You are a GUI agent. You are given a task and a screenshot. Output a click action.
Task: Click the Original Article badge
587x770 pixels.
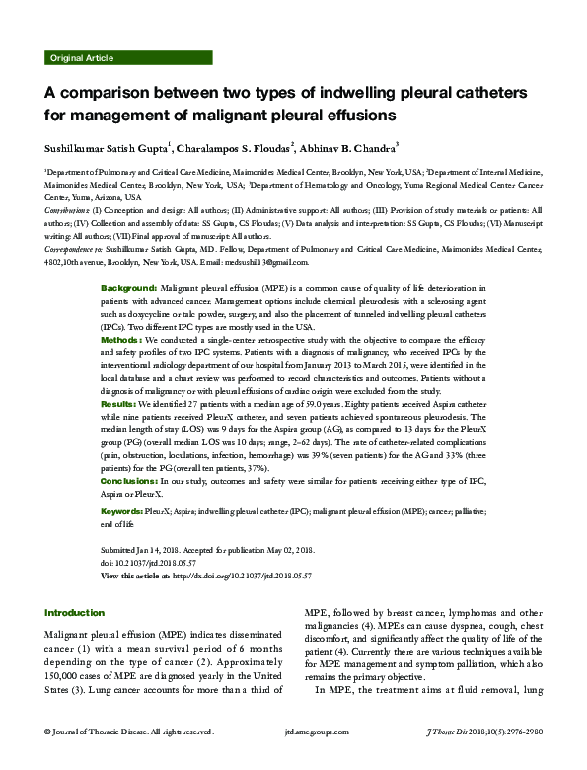coord(80,59)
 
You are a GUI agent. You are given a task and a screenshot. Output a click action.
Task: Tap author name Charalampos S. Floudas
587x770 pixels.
coord(235,148)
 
